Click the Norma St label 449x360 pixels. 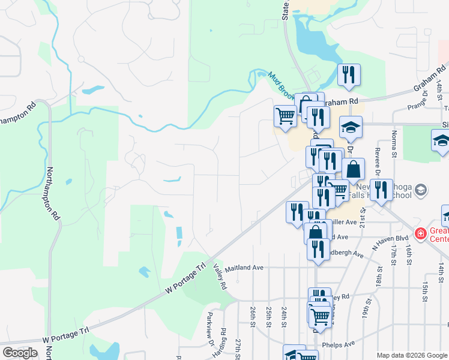point(394,143)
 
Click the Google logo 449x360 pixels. point(20,352)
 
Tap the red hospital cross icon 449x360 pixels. point(421,233)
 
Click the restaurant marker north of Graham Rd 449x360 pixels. point(349,75)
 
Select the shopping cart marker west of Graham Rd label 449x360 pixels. point(285,115)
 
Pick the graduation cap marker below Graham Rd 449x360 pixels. point(351,127)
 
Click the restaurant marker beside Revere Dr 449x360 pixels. point(380,190)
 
